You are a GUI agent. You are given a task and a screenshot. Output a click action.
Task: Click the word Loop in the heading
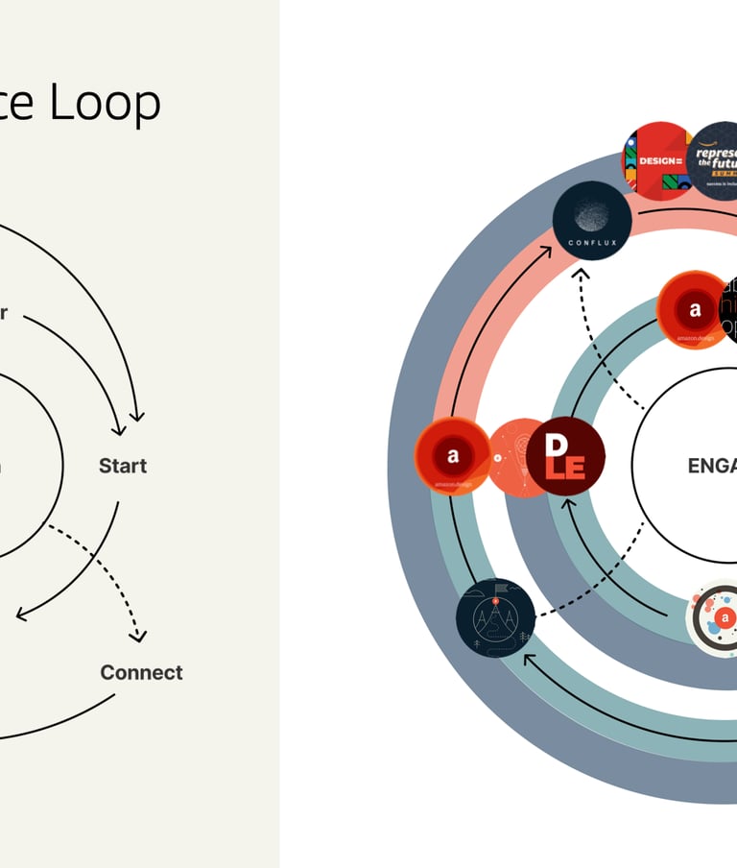point(105,103)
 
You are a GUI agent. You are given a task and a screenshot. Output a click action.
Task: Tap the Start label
point(123,466)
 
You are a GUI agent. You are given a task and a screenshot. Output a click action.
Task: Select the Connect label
point(141,672)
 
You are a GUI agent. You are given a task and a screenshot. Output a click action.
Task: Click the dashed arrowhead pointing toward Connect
point(141,635)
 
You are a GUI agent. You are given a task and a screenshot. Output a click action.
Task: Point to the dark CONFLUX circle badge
point(591,220)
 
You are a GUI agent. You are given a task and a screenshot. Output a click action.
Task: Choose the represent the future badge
point(718,160)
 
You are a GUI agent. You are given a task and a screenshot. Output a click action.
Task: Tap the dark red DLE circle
point(565,457)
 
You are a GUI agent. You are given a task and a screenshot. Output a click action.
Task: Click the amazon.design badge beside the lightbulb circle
point(453,457)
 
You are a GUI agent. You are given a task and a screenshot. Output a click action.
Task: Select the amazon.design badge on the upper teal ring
point(694,310)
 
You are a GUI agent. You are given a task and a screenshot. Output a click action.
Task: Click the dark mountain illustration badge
point(495,617)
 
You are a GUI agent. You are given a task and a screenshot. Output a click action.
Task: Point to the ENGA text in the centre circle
point(711,466)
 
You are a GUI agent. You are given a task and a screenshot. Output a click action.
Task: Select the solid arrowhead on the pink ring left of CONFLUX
point(549,252)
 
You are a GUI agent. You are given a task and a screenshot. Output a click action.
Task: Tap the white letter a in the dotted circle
point(726,617)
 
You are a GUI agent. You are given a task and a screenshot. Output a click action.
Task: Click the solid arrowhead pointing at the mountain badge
point(528,658)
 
